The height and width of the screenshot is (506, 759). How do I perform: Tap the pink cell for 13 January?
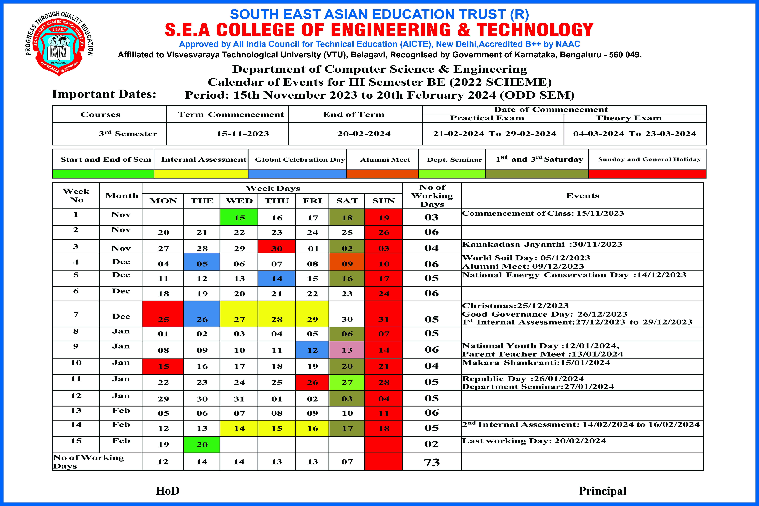pos(347,350)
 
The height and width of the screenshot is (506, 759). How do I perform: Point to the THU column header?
pos(277,201)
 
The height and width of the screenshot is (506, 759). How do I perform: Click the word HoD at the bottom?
pos(168,491)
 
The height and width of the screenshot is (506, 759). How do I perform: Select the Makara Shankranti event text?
pos(536,362)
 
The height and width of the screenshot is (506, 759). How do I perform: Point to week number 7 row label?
pos(76,314)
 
